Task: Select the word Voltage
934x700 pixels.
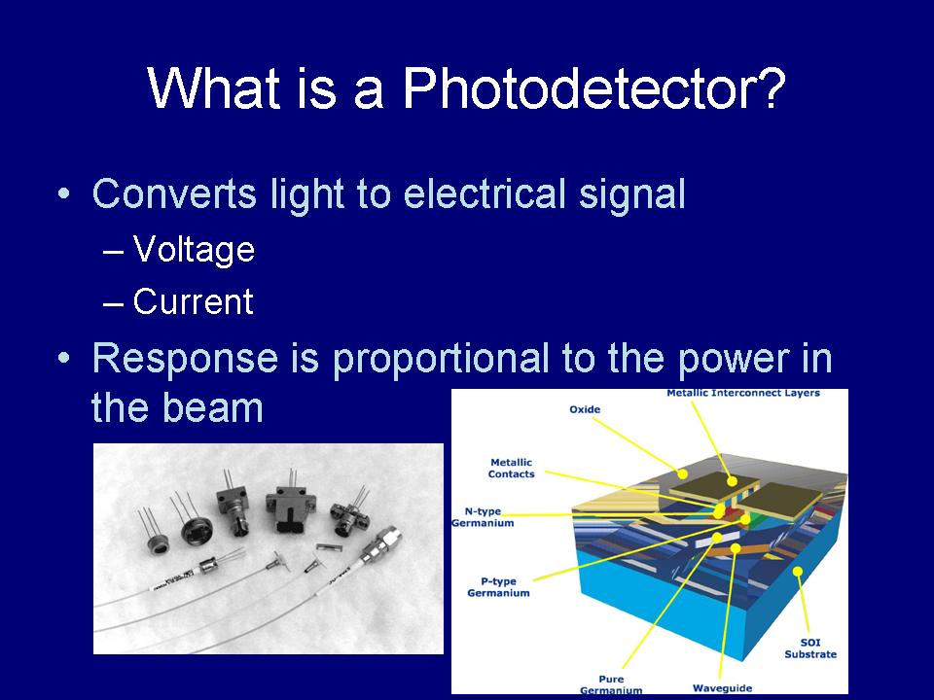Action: pos(194,250)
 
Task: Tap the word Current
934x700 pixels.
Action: pos(193,301)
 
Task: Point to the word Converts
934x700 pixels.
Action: pos(174,193)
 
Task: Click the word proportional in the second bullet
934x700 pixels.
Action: pos(441,360)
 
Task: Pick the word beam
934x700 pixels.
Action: pos(212,407)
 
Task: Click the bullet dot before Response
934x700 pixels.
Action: pos(64,358)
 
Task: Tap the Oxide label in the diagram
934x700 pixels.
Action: pos(585,409)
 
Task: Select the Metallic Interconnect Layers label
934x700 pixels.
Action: pos(742,393)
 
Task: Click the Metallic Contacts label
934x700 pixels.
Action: pos(511,468)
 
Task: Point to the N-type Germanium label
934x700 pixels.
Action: pos(484,517)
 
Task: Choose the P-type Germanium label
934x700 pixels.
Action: pos(498,587)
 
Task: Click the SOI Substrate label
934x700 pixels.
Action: pos(810,648)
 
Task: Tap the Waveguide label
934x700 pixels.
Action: pos(722,688)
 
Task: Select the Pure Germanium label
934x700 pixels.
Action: pos(611,684)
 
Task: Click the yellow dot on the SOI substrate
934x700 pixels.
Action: pos(798,572)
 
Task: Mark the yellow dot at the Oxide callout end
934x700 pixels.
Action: pos(683,473)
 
